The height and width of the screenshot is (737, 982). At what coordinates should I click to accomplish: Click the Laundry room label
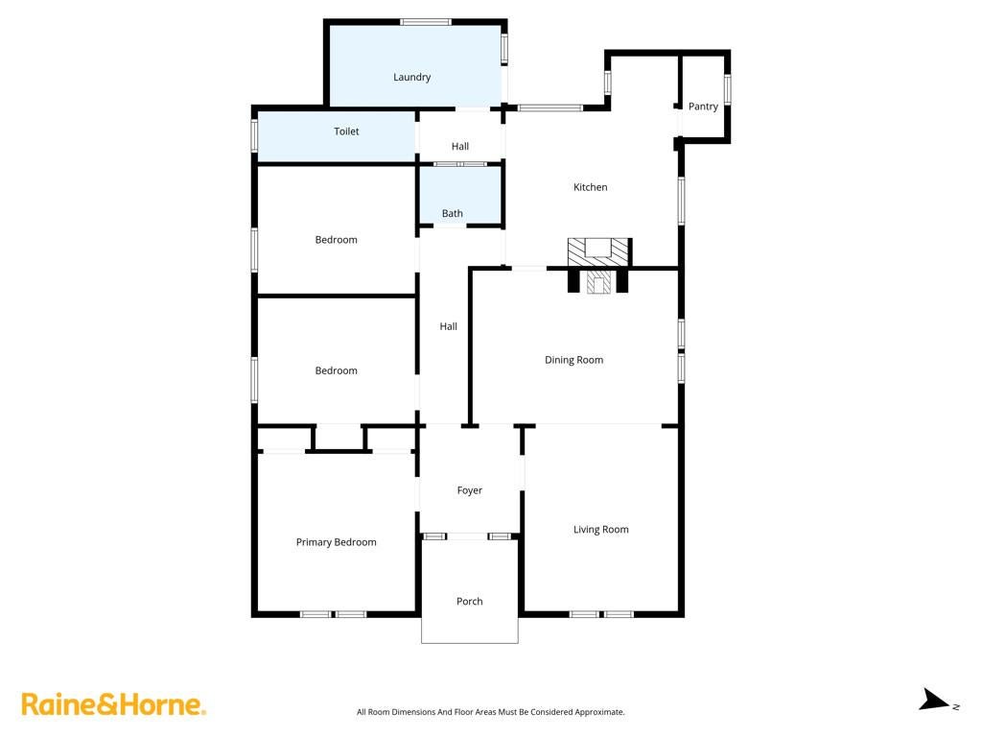(x=411, y=77)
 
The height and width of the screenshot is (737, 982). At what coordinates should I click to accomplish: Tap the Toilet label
(x=346, y=131)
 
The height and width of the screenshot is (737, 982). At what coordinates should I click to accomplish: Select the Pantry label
(x=703, y=107)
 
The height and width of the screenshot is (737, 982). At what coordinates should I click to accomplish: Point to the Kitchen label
(x=590, y=187)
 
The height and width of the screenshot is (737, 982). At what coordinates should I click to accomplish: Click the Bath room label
(x=453, y=213)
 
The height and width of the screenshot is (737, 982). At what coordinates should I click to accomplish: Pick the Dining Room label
(x=573, y=360)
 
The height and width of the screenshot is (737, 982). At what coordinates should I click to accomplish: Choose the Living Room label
(x=600, y=530)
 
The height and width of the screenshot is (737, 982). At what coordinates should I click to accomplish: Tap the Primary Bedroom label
(x=337, y=542)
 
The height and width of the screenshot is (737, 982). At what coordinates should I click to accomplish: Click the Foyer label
(x=470, y=490)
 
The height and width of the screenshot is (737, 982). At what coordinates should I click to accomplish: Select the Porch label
(x=470, y=601)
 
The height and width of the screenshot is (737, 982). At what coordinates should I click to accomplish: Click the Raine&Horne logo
(x=113, y=704)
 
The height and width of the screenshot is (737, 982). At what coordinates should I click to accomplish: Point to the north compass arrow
(x=935, y=700)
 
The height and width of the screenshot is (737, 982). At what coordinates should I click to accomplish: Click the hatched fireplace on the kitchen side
(x=598, y=251)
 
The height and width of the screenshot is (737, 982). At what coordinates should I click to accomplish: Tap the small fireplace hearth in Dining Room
(x=598, y=282)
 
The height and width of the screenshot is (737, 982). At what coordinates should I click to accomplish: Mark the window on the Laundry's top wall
(x=426, y=22)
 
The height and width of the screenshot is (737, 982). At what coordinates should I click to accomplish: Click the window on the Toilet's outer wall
(x=254, y=135)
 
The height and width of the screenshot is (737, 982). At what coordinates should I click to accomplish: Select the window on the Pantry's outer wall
(x=727, y=89)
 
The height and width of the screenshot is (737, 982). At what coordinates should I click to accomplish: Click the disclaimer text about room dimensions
(x=490, y=712)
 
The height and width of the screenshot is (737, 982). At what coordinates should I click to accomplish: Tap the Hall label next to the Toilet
(x=459, y=146)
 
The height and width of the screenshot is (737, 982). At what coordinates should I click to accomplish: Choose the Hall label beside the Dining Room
(x=448, y=326)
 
